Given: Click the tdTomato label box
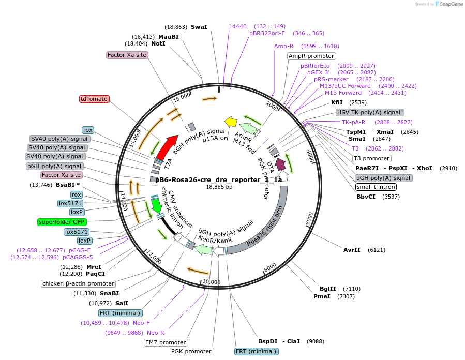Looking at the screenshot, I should [94, 99].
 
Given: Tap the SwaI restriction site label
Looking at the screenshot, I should [199, 26].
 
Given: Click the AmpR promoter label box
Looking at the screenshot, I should [311, 56].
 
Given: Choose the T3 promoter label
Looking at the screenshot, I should [371, 158].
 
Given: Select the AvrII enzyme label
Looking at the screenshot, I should [352, 250].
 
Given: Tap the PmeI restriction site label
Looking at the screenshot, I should [322, 297].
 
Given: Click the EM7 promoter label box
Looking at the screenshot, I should [166, 342].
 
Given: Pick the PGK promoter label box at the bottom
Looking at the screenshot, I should [191, 352].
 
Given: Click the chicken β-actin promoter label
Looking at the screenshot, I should [78, 283].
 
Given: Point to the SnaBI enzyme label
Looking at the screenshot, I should [110, 293].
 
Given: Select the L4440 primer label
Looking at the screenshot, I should [239, 26].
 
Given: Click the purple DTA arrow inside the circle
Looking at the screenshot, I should [280, 164].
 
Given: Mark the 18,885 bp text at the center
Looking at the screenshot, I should [219, 187].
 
